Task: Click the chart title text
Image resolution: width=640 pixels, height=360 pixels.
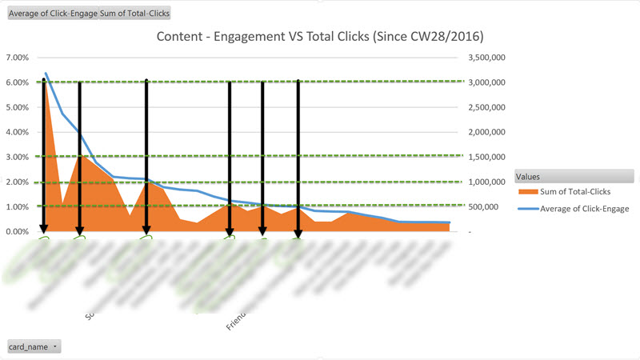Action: (320, 37)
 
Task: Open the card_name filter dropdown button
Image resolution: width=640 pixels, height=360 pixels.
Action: (54, 346)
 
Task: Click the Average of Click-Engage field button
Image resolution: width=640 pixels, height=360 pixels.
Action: (52, 14)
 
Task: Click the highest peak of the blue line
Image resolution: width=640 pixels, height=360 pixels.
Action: (45, 74)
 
